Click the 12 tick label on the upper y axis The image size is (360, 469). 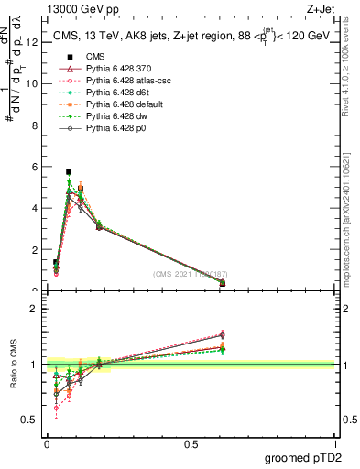pyautogui.click(x=34, y=42)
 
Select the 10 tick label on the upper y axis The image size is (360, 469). pyautogui.click(x=34, y=83)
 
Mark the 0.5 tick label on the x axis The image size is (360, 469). pyautogui.click(x=191, y=444)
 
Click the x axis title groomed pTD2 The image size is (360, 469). pyautogui.click(x=303, y=458)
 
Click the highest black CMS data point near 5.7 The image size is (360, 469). pyautogui.click(x=69, y=172)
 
